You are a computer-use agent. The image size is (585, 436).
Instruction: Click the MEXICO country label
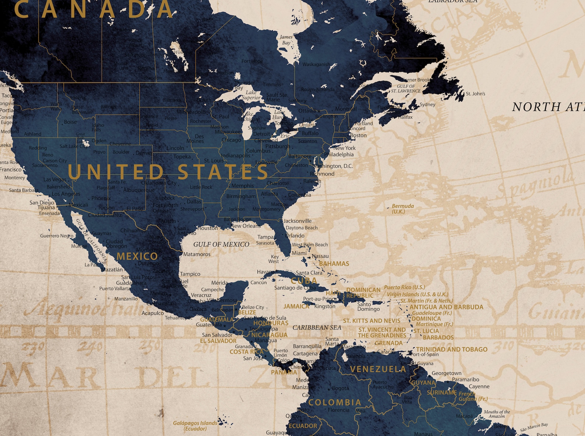(x=137, y=256)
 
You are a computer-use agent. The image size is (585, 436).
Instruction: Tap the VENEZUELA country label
(x=378, y=369)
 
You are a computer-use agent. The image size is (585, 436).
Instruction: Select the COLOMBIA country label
(x=334, y=402)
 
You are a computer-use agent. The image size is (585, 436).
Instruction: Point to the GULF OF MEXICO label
(x=221, y=244)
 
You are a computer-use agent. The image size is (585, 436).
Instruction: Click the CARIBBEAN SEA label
(x=317, y=327)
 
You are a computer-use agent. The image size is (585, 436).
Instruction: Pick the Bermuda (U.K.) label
(x=403, y=209)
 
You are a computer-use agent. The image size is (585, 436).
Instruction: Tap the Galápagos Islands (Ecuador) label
(x=195, y=426)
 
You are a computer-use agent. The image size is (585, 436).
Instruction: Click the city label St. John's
(x=475, y=94)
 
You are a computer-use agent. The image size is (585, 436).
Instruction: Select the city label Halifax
(x=405, y=117)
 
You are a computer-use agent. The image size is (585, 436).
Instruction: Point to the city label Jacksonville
(x=297, y=221)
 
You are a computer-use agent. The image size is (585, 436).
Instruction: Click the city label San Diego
(x=42, y=203)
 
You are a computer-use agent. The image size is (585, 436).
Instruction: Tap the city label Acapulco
(x=153, y=313)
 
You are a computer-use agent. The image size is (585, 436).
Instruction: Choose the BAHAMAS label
(x=334, y=264)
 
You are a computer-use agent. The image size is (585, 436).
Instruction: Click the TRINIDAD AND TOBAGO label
(x=452, y=349)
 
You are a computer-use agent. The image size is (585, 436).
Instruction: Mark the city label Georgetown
(x=446, y=373)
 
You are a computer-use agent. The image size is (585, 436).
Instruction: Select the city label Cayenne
(x=479, y=386)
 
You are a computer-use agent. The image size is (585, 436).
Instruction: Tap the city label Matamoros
(x=197, y=254)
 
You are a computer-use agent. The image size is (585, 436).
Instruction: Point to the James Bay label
(x=286, y=40)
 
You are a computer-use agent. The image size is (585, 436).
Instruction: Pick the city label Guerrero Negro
(x=57, y=236)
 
